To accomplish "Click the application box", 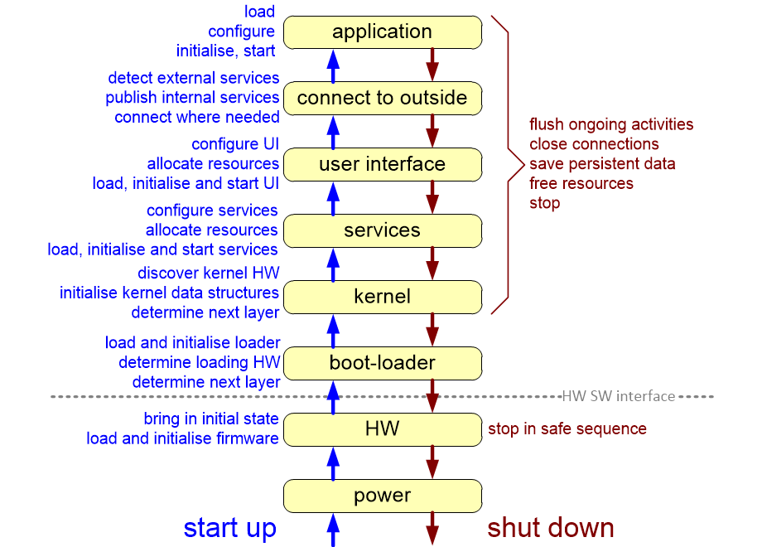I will pyautogui.click(x=382, y=32).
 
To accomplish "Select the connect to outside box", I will pyautogui.click(x=382, y=98).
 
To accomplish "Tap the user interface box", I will pyautogui.click(x=382, y=164).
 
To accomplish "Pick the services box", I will pyautogui.click(x=382, y=230).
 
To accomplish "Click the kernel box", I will pyautogui.click(x=382, y=296).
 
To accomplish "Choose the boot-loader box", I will pyautogui.click(x=382, y=362).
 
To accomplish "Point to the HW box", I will pyautogui.click(x=382, y=428).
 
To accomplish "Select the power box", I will pyautogui.click(x=382, y=496).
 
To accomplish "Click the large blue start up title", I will pyautogui.click(x=229, y=528).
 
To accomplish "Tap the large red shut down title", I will pyautogui.click(x=550, y=528).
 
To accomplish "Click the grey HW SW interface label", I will pyautogui.click(x=618, y=396).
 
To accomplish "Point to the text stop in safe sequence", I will pyautogui.click(x=567, y=428).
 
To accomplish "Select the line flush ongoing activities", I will pyautogui.click(x=611, y=124).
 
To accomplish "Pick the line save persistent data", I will pyautogui.click(x=602, y=163).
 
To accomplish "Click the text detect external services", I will pyautogui.click(x=194, y=78).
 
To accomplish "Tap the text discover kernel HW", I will pyautogui.click(x=208, y=273).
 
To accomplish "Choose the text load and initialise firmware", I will pyautogui.click(x=182, y=438).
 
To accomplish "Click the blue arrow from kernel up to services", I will pyautogui.click(x=333, y=264).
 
